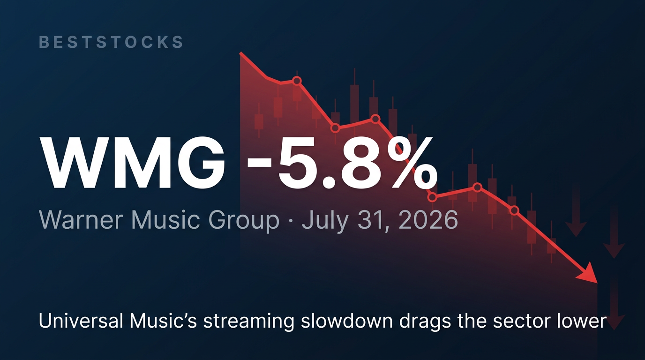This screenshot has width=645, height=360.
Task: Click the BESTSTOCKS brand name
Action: tap(111, 42)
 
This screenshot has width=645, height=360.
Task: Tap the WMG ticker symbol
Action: tap(132, 163)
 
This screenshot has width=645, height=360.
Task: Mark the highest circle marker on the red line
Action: tap(297, 81)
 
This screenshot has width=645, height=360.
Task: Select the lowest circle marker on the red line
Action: tap(515, 210)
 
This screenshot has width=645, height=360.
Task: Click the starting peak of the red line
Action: tap(240, 53)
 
